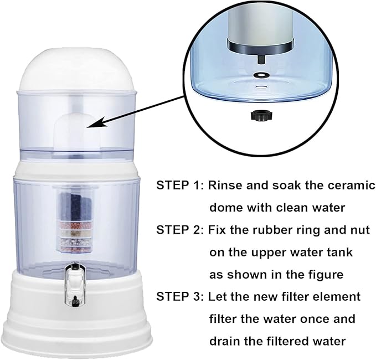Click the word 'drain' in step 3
click(x=227, y=341)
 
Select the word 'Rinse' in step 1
click(x=226, y=185)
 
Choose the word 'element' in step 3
click(x=338, y=297)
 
